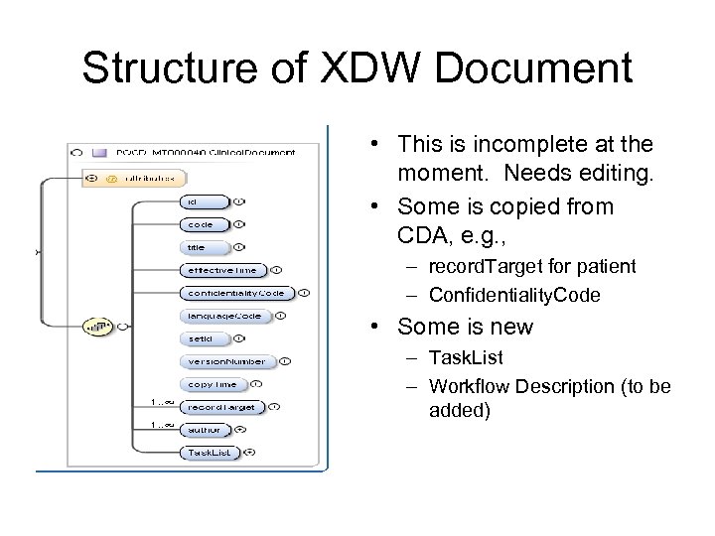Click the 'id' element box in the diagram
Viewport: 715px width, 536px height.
click(204, 201)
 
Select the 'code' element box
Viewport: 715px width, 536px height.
click(204, 224)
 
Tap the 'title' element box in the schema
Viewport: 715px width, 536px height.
click(204, 247)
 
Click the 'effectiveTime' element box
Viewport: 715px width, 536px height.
click(222, 270)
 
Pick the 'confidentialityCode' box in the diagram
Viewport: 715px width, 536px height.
click(236, 293)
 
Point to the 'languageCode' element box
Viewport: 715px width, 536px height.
click(224, 316)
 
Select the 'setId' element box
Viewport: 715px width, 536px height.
click(204, 338)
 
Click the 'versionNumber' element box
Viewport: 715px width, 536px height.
click(227, 361)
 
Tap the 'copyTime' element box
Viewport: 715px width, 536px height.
click(213, 384)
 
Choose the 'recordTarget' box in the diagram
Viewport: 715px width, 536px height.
click(221, 407)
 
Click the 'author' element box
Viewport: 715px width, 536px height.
click(206, 430)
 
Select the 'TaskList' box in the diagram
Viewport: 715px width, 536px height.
click(210, 453)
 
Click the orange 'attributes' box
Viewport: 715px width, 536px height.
click(133, 179)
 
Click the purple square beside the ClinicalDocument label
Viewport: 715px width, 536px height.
click(98, 152)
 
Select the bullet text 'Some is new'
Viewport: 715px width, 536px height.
click(465, 327)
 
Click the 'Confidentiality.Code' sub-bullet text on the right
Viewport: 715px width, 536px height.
click(513, 295)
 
